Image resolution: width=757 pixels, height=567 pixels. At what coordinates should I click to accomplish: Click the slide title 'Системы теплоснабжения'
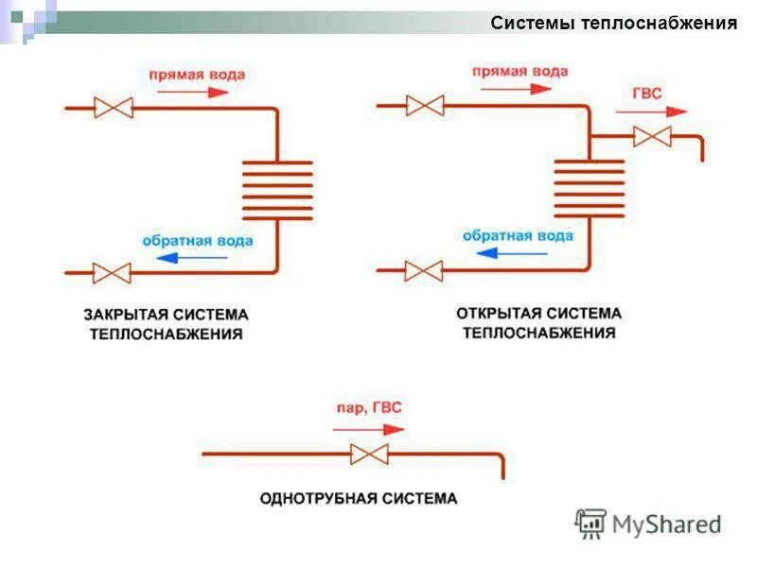coord(613,24)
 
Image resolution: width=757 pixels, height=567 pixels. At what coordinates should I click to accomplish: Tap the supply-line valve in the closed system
coord(114,109)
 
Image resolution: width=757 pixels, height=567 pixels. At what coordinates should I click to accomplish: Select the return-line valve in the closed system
coord(114,273)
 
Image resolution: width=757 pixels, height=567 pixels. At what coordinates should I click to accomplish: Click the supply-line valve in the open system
coord(425,105)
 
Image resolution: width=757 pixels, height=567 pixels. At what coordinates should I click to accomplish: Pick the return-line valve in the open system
coord(424,270)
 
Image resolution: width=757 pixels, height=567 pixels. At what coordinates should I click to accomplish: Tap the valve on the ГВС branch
coord(652,136)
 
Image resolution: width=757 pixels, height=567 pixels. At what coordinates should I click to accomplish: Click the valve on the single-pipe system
coord(369,454)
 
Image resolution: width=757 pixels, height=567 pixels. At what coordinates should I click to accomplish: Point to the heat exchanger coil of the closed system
coord(277,190)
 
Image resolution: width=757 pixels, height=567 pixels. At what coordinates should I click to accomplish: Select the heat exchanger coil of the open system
coord(589,188)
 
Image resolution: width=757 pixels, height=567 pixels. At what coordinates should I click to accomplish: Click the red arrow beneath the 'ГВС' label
coord(651,112)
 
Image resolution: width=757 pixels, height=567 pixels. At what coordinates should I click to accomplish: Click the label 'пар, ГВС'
coord(369,408)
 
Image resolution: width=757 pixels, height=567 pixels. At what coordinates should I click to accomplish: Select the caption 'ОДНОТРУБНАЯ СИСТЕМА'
coord(358,498)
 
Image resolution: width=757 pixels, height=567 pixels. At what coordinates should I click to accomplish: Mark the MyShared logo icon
coord(590,524)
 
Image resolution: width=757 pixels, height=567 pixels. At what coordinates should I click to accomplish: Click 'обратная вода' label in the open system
coord(518,235)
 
